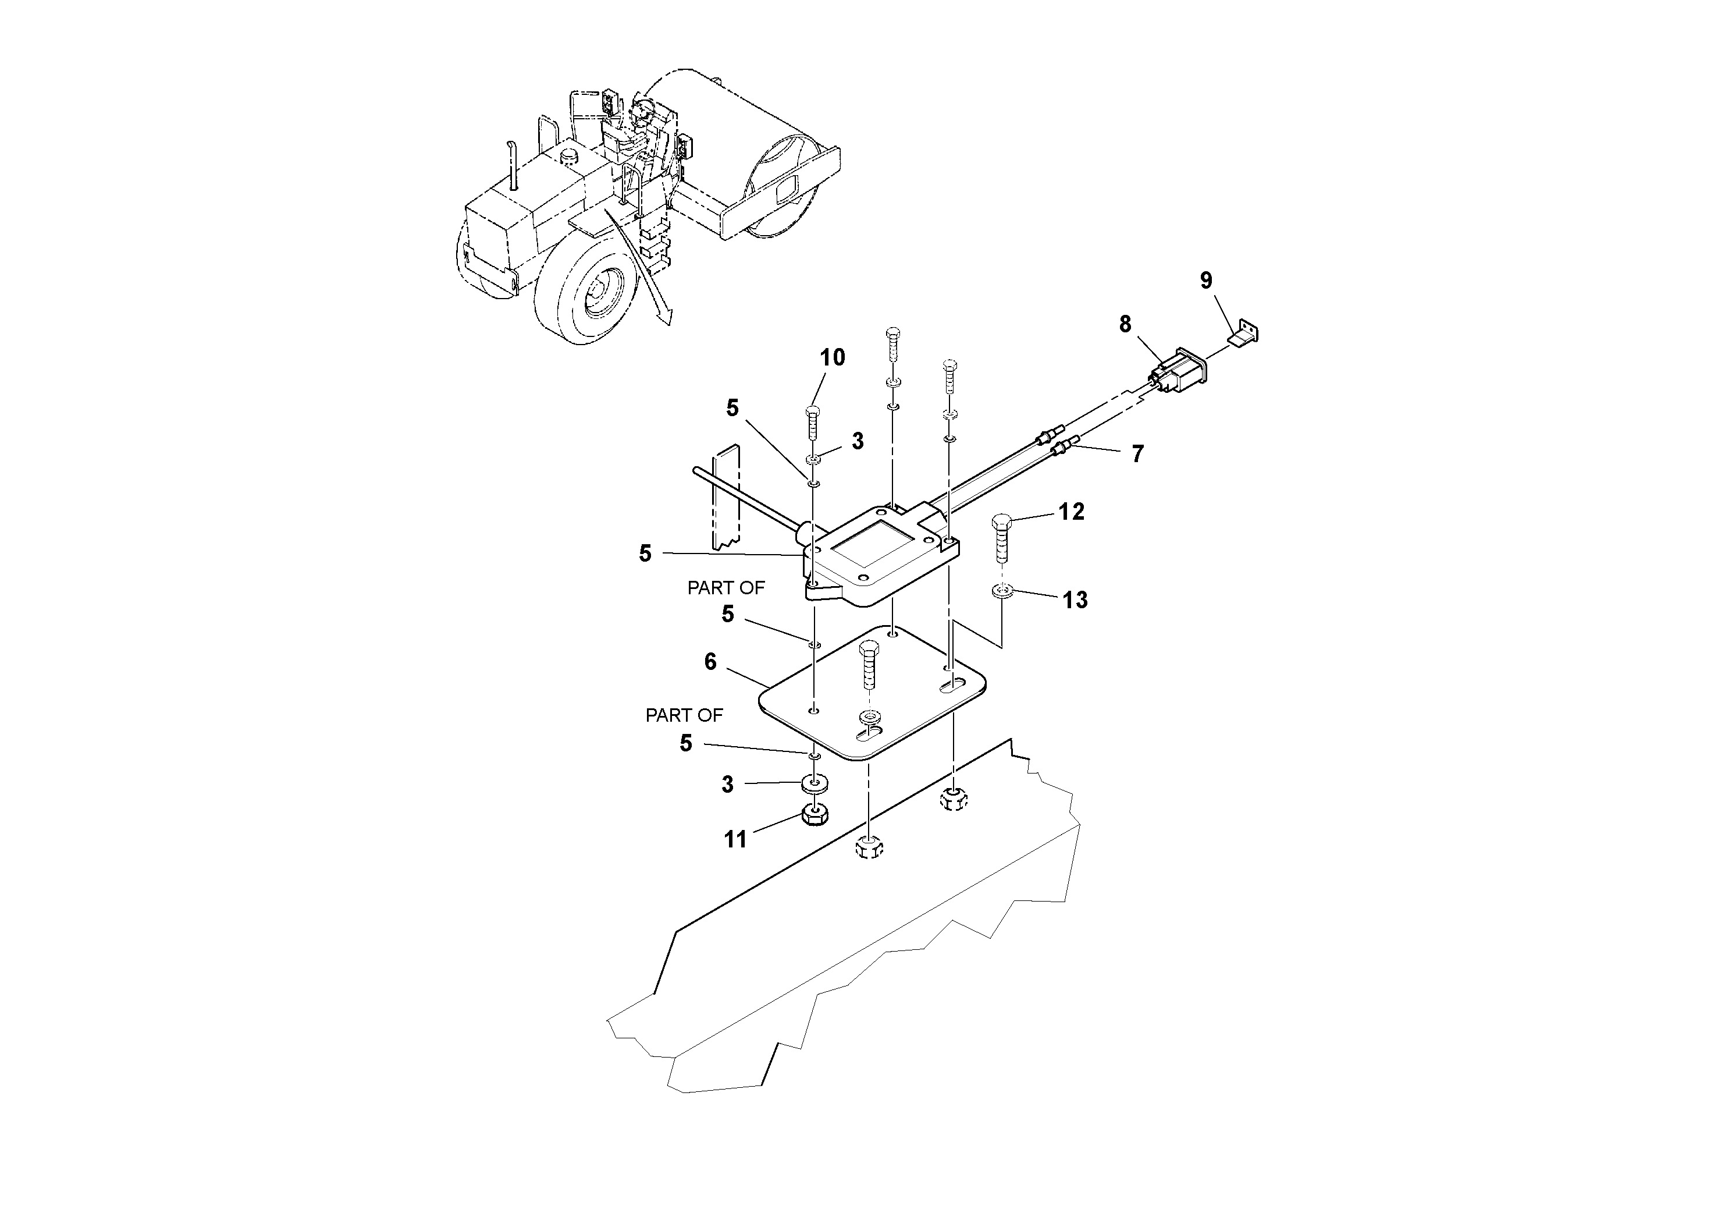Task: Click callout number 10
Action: pos(833,358)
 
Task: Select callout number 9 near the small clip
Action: pos(1206,281)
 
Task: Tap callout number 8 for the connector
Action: pos(1125,325)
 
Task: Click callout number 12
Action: pos(1071,512)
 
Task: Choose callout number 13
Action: pos(1075,600)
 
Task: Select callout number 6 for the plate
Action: pos(710,662)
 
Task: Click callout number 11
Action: pos(735,839)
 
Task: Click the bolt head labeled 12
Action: pos(1001,521)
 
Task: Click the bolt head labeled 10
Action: pos(812,411)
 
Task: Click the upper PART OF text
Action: pos(725,588)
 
